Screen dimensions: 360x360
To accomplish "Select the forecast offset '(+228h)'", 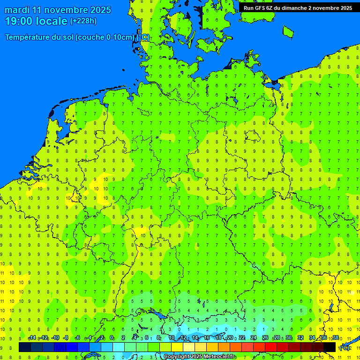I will click(x=83, y=21).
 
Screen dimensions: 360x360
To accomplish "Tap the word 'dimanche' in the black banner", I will click(x=294, y=8).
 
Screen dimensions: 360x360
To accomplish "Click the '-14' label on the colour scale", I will click(x=32, y=338).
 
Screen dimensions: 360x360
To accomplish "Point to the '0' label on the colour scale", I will click(x=112, y=338).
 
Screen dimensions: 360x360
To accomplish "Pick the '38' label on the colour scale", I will click(x=336, y=338).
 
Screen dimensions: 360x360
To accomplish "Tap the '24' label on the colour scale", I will click(x=254, y=338).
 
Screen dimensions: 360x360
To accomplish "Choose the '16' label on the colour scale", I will click(x=207, y=338).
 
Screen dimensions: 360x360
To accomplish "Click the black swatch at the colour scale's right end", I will click(x=330, y=347).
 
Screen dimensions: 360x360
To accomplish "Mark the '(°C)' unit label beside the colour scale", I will click(x=345, y=347).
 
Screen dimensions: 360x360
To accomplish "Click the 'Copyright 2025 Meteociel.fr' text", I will click(x=199, y=357).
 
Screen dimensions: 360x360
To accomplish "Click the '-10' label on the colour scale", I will click(x=55, y=338).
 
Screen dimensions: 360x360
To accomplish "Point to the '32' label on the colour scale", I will click(x=300, y=338).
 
